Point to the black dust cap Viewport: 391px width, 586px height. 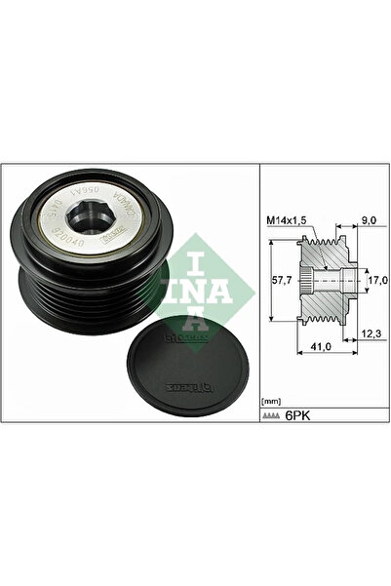188,370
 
